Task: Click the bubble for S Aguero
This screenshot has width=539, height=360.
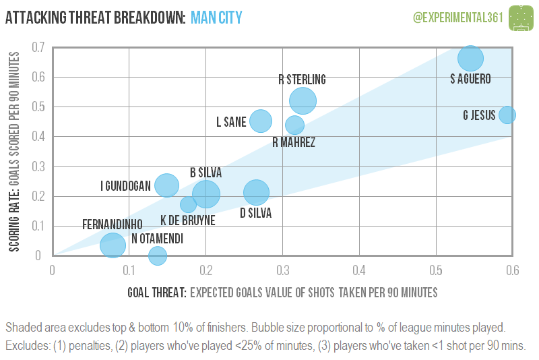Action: pyautogui.click(x=470, y=59)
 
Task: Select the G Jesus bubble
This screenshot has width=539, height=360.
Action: pyautogui.click(x=507, y=115)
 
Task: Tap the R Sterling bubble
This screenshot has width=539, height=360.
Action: pyautogui.click(x=303, y=100)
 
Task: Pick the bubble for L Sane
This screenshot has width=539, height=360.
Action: pyautogui.click(x=261, y=121)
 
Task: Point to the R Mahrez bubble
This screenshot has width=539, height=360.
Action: pyautogui.click(x=294, y=125)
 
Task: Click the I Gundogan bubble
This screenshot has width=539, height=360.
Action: pyautogui.click(x=166, y=185)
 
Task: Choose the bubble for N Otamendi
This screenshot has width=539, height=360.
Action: pyautogui.click(x=158, y=256)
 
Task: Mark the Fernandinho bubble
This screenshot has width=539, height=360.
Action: pyautogui.click(x=113, y=245)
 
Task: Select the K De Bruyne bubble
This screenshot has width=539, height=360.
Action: pyautogui.click(x=189, y=204)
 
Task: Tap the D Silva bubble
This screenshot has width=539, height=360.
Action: pyautogui.click(x=256, y=192)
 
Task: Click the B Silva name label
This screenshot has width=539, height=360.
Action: pyautogui.click(x=206, y=173)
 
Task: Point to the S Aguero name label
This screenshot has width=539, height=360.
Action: pyautogui.click(x=470, y=79)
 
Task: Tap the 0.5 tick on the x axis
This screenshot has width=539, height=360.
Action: pyautogui.click(x=436, y=270)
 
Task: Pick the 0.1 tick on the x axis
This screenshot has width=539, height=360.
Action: pyautogui.click(x=129, y=270)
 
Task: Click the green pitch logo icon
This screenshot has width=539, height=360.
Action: pyautogui.click(x=519, y=16)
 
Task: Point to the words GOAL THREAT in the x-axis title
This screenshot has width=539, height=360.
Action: pyautogui.click(x=156, y=293)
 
